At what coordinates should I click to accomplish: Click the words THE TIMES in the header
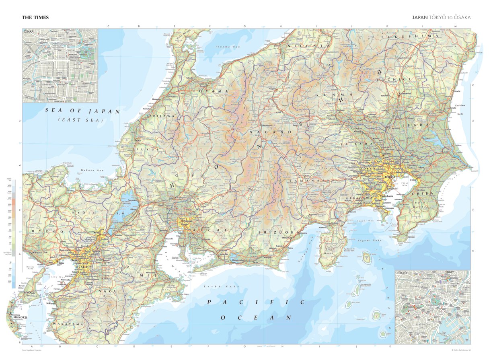[x=35, y=18]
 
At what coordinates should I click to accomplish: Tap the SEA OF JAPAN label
[x=83, y=111]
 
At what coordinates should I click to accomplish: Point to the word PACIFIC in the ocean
[x=255, y=302]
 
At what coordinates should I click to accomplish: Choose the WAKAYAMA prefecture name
[x=69, y=324]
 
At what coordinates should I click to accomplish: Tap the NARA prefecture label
[x=109, y=291]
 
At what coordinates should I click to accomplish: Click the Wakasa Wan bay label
[x=92, y=170]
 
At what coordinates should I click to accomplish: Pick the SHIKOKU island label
[x=20, y=317]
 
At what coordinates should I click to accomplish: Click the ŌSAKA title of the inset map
[x=29, y=31]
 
